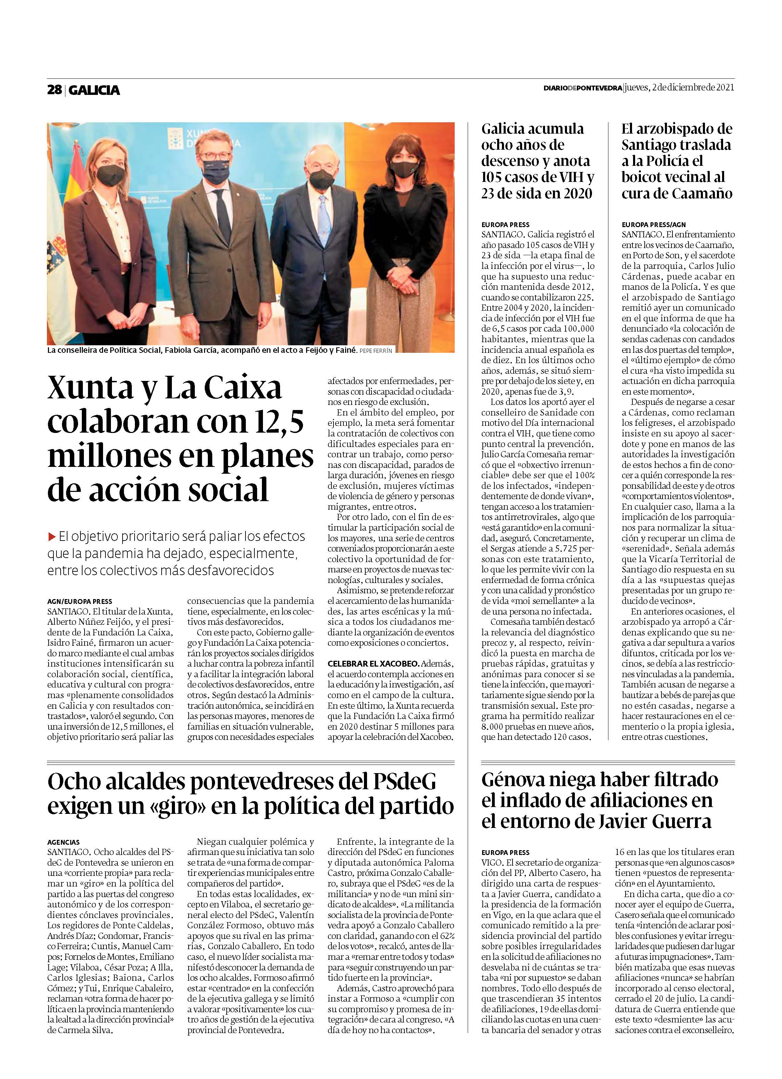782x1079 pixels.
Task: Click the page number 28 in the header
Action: (x=54, y=89)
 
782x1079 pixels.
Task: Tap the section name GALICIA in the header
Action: (x=94, y=90)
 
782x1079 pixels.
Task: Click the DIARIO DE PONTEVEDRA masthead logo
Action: (x=583, y=88)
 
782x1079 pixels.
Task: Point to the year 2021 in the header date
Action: (x=725, y=88)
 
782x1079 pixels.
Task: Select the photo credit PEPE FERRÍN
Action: (x=376, y=351)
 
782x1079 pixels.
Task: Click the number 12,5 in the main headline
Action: (x=276, y=422)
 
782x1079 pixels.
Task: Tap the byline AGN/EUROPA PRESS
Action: (x=80, y=601)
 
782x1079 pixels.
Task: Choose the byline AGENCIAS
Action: (x=64, y=842)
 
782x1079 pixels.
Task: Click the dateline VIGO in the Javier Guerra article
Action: (x=491, y=863)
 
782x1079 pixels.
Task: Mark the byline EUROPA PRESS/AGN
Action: (x=654, y=225)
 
